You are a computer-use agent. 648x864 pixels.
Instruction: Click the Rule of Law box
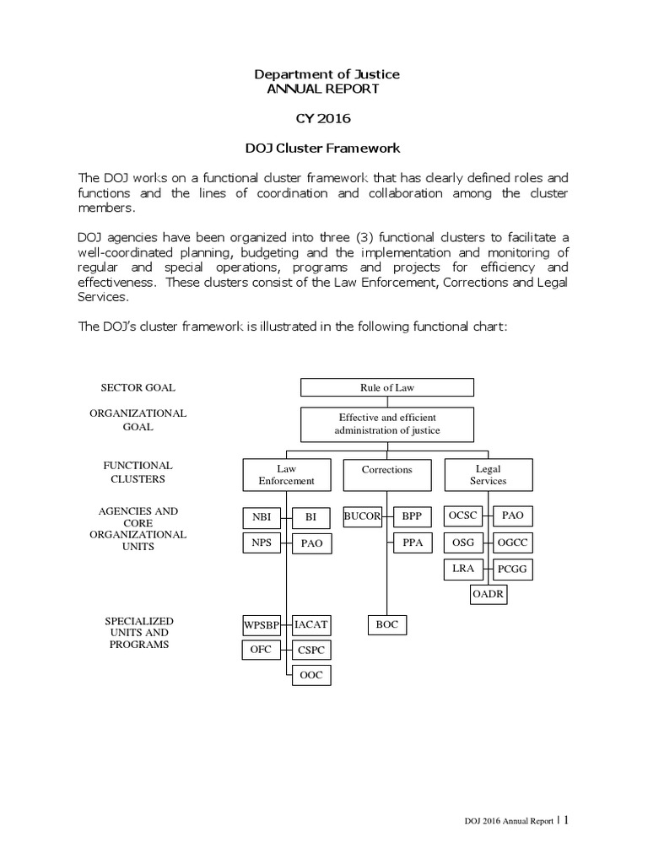387,387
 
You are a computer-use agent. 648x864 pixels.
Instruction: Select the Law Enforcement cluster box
286,474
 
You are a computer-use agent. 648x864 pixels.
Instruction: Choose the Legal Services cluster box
488,474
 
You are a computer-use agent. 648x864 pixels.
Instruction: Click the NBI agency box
261,516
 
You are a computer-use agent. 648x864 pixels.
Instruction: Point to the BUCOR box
363,516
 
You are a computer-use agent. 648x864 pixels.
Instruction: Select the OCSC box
463,516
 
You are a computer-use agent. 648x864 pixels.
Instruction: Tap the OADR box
489,596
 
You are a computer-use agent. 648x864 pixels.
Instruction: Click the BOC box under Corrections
387,625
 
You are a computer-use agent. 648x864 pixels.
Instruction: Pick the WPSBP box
261,625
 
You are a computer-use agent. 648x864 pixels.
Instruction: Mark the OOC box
310,675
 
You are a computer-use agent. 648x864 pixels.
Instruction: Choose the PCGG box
513,570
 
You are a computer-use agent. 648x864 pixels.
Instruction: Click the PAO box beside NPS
310,543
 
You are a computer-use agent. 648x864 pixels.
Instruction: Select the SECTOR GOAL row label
138,387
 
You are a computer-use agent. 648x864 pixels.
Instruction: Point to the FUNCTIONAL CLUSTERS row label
138,472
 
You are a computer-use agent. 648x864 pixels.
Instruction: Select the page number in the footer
566,818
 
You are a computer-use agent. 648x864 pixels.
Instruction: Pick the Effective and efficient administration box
387,424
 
